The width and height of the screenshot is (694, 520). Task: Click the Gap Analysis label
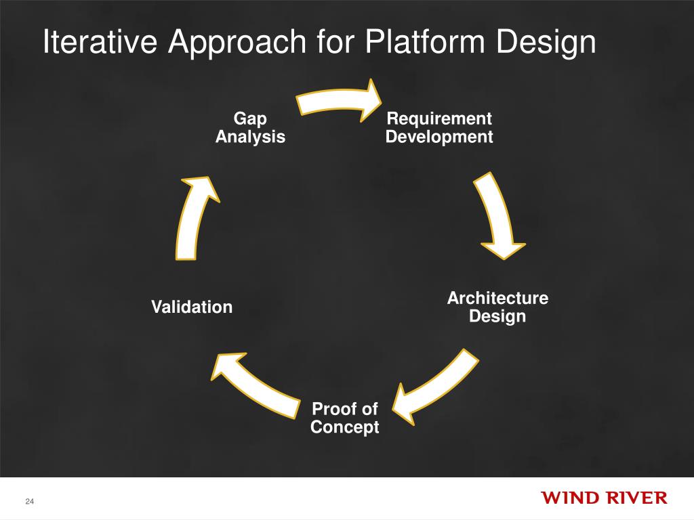(250, 128)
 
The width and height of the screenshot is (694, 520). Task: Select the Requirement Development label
(439, 128)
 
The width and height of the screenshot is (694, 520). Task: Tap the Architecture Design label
(497, 307)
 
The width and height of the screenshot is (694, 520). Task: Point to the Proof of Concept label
(344, 418)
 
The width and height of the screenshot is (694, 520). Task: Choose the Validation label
(192, 307)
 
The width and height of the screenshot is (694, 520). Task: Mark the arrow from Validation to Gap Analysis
(193, 217)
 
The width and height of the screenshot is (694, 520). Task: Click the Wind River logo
(604, 498)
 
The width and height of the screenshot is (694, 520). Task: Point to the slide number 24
(29, 501)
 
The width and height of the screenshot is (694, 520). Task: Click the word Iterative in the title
(101, 43)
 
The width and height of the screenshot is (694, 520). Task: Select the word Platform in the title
(424, 43)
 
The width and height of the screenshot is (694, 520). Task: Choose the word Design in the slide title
(546, 43)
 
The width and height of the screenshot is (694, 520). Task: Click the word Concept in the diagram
(344, 428)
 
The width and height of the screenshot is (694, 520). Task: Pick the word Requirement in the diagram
(439, 119)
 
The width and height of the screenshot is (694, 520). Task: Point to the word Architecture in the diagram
(497, 299)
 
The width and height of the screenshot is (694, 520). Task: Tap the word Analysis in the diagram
(250, 137)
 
